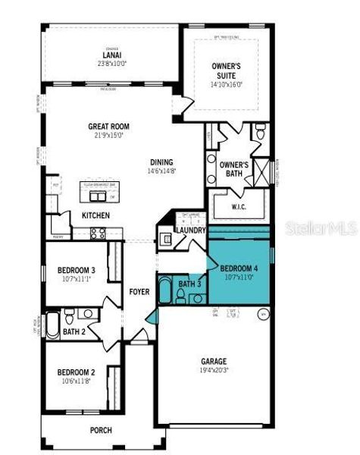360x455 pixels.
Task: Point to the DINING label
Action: [161, 162]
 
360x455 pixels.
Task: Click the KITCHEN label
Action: [95, 215]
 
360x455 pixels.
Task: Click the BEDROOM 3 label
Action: [77, 270]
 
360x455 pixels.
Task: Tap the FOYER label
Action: [139, 291]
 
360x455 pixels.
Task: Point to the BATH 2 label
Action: [74, 331]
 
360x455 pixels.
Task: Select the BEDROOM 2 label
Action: [77, 372]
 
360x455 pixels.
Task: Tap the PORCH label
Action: [100, 430]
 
